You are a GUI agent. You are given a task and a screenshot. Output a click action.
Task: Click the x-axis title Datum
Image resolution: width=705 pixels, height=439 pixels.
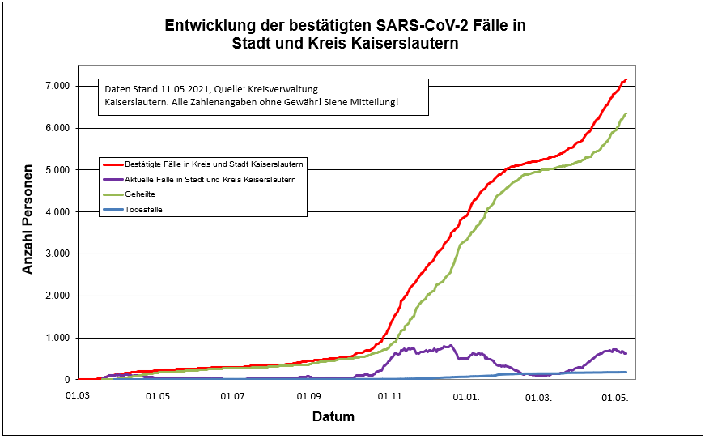coord(333,417)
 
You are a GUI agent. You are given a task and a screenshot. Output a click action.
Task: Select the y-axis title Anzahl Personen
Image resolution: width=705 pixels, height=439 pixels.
coord(28,219)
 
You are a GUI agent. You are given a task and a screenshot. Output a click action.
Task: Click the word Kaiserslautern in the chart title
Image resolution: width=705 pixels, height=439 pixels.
coord(411,44)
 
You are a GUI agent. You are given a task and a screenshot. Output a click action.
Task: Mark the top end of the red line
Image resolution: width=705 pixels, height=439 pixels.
coord(626,79)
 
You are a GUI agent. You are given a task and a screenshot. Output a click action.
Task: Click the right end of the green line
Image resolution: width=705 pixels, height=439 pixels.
coord(626,114)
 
